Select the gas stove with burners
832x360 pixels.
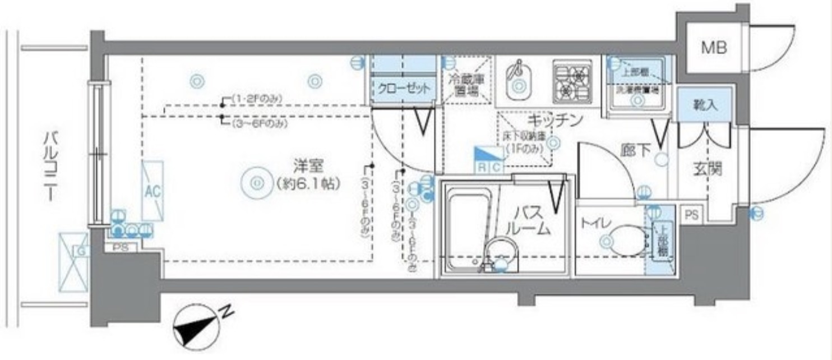(572, 82)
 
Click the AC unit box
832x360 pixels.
(152, 191)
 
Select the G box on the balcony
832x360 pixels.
(74, 262)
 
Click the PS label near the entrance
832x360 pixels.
(691, 215)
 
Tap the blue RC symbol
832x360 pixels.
(488, 160)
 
